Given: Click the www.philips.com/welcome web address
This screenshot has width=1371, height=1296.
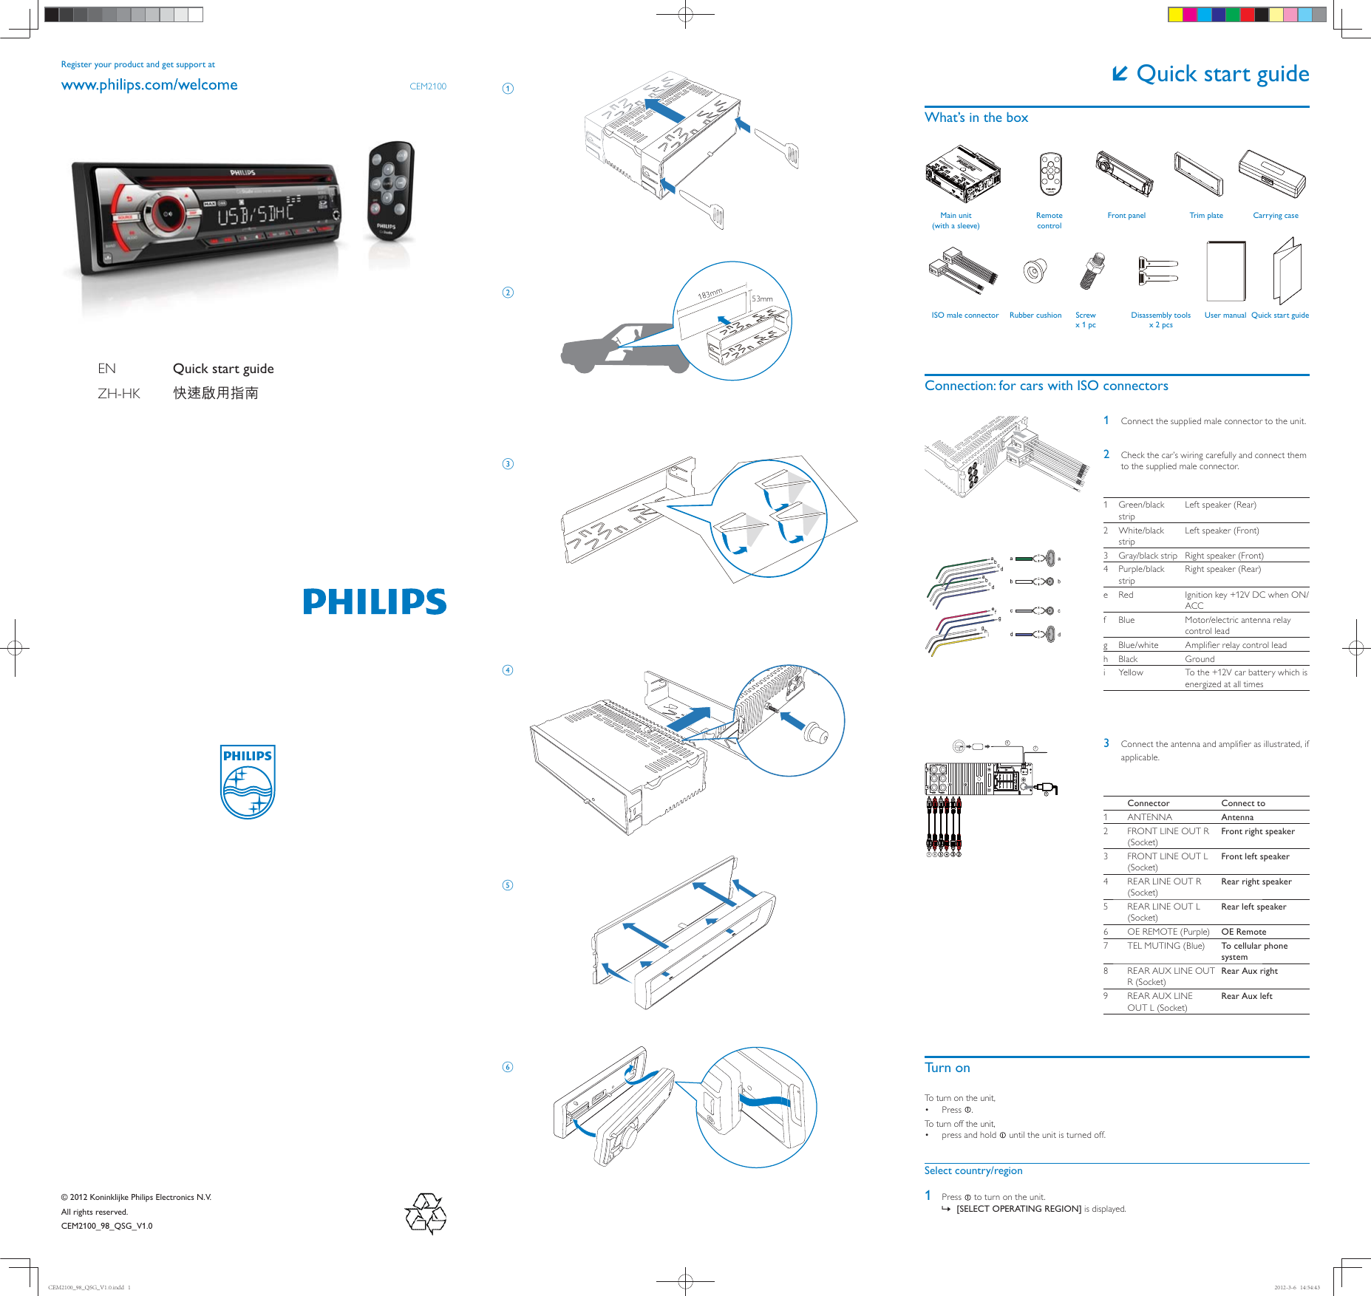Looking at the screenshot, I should pos(149,85).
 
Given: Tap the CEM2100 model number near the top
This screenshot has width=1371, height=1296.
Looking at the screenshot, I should pos(428,86).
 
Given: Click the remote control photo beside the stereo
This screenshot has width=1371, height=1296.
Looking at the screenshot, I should pos(390,190).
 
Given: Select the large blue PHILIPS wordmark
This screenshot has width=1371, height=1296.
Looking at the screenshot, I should pos(375,601).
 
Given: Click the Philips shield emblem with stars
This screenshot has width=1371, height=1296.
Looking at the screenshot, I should pos(248,782).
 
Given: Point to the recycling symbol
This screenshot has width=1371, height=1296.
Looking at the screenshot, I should pos(426,1213).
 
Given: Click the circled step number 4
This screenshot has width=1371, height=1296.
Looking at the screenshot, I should pos(508,670).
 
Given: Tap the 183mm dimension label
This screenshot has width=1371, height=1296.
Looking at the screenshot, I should pos(710,294).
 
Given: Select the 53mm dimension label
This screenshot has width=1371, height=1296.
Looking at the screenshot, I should pos(762,299).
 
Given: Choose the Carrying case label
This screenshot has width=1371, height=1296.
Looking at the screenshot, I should pos(1275,216).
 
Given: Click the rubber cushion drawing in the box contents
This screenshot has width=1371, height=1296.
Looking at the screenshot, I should pos(1035,271).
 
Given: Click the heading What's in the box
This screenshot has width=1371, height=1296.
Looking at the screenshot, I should pos(976,117).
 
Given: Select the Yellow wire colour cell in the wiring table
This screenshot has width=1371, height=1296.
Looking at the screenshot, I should pos(1130,672).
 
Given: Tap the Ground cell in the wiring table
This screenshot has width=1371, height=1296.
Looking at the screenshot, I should pos(1200,659).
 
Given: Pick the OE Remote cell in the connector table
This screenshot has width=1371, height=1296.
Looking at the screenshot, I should pos(1243,932).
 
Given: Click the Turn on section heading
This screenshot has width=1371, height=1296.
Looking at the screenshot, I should pos(947,1068).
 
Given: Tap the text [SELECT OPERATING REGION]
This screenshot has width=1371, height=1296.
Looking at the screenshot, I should pos(1018,1209).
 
